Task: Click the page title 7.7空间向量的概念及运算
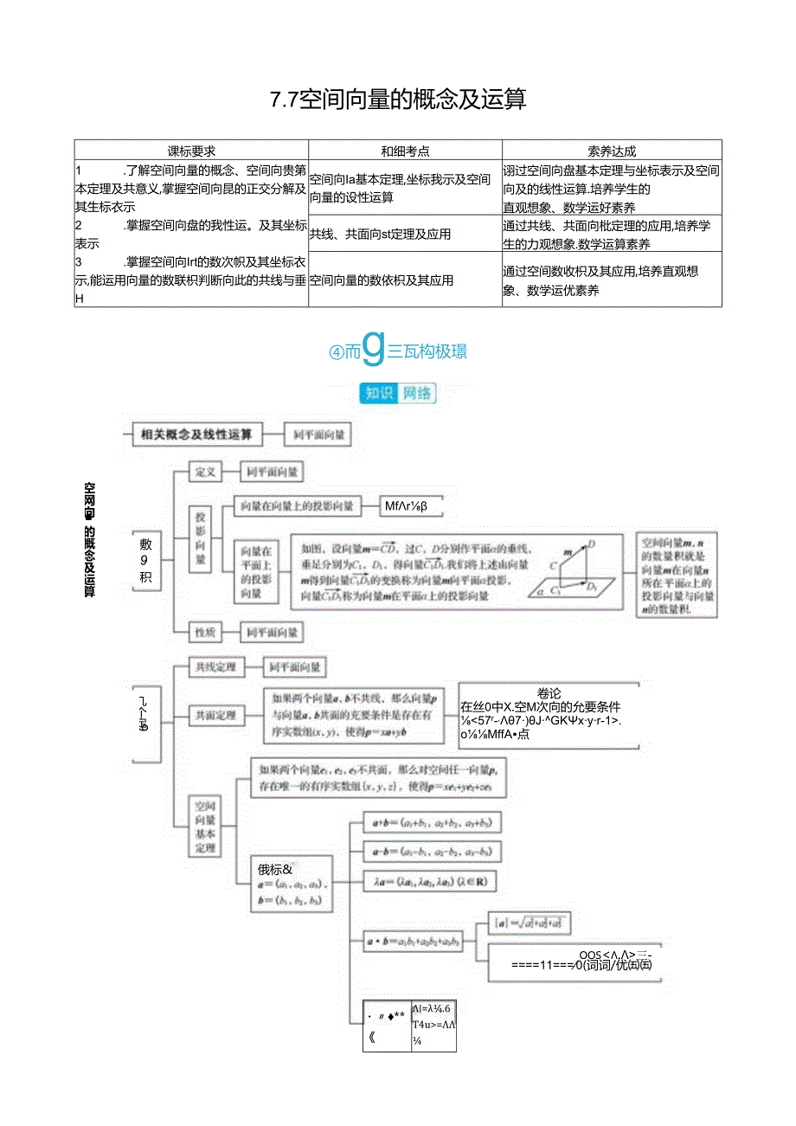(398, 100)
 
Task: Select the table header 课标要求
(191, 151)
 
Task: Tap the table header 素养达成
(612, 151)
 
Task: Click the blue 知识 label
(378, 394)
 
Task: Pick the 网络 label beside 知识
(416, 394)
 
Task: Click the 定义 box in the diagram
(205, 473)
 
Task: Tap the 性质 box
(205, 633)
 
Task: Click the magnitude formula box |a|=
(529, 923)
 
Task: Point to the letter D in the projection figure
(593, 544)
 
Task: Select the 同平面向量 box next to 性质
(272, 633)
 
